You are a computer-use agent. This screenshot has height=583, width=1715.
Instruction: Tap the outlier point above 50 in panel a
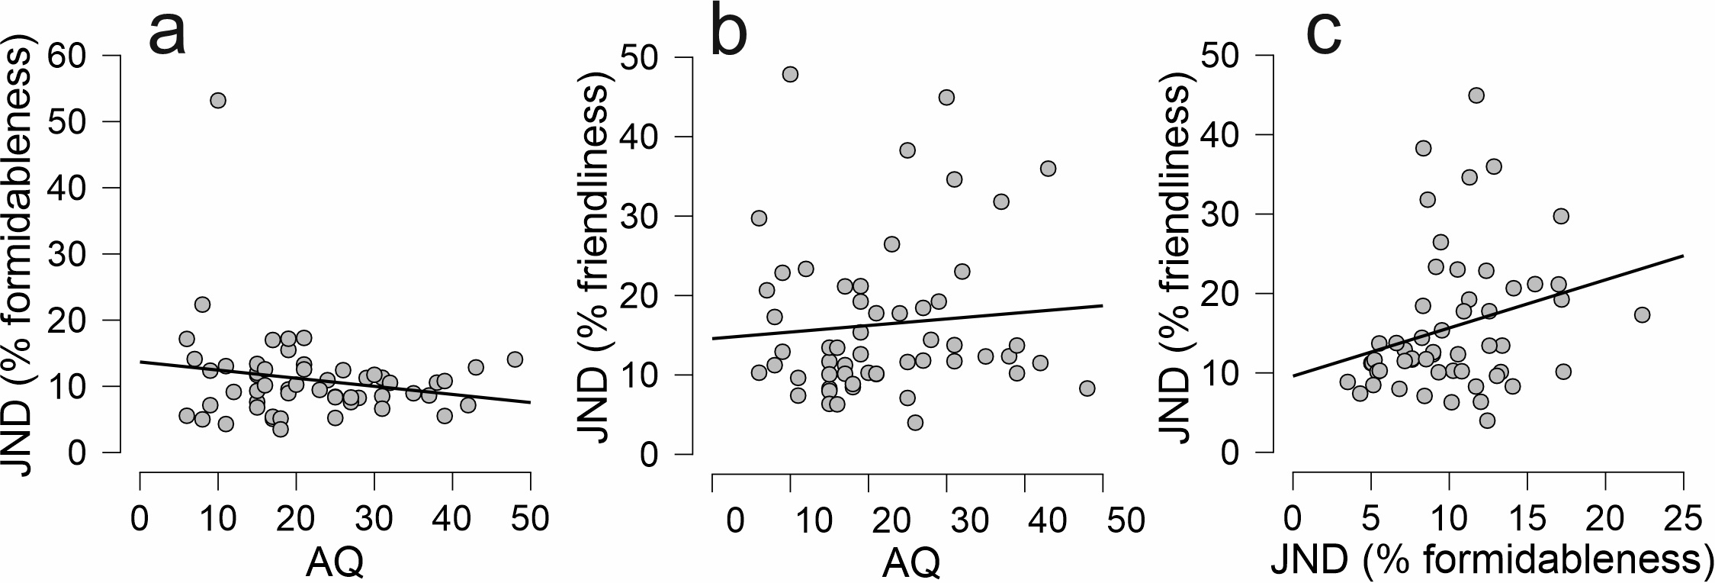pos(218,101)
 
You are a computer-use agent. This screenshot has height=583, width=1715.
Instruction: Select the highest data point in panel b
pos(790,74)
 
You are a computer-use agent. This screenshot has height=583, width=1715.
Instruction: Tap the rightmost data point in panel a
pos(515,359)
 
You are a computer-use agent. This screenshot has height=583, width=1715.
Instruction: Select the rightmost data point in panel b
pos(1087,388)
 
